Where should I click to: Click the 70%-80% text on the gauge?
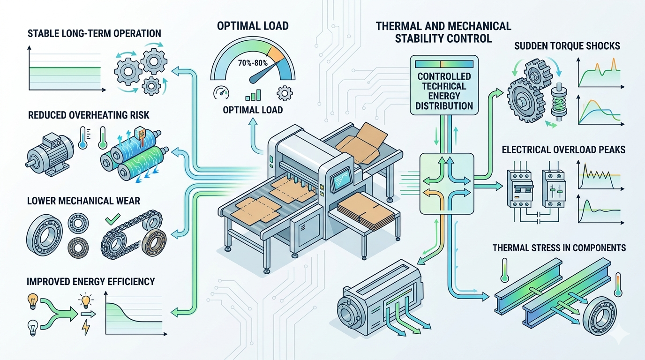click(253, 62)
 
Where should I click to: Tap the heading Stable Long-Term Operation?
click(94, 33)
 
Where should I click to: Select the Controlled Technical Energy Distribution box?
click(444, 85)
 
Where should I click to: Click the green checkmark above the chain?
click(112, 219)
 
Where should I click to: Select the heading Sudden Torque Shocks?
click(567, 46)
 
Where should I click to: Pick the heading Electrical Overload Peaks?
click(563, 150)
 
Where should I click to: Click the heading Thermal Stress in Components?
click(559, 247)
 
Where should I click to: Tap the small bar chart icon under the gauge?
click(253, 95)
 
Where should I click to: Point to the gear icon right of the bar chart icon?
click(285, 93)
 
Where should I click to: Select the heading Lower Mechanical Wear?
click(83, 201)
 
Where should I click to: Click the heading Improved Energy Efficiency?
click(91, 281)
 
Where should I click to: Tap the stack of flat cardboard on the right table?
click(366, 211)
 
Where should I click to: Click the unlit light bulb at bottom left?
click(33, 328)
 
